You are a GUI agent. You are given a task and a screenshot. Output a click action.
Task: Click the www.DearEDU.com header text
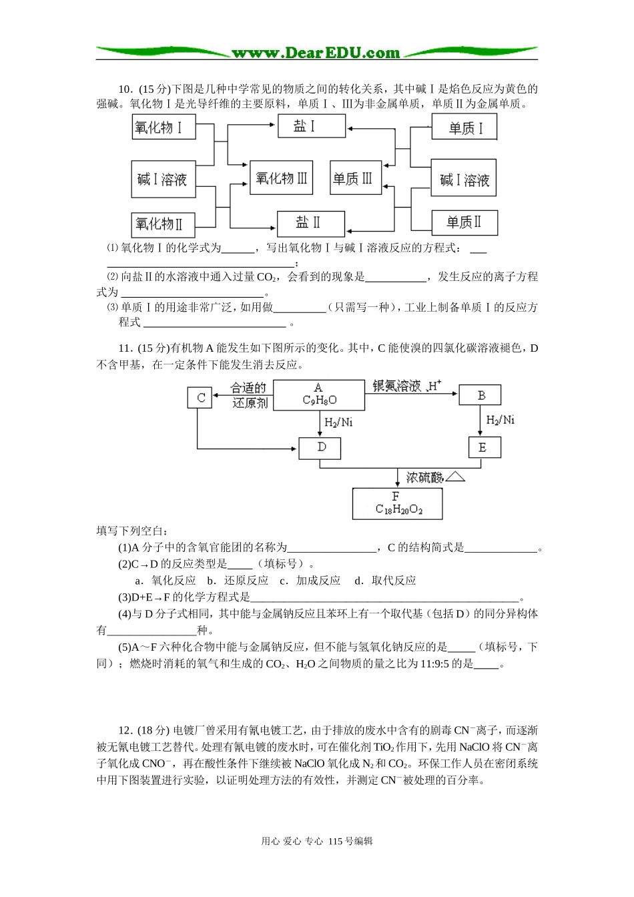(316, 53)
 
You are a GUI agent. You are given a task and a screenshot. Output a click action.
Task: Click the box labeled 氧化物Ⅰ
(163, 127)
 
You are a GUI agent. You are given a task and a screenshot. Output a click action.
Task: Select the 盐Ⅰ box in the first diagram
(310, 125)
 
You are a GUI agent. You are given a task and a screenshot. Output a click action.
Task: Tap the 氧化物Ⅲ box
(281, 178)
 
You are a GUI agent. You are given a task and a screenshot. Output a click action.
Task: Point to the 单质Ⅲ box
(355, 178)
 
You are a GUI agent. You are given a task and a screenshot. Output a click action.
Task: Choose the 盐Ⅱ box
(310, 223)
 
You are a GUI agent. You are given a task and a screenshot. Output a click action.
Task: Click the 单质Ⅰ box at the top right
(464, 127)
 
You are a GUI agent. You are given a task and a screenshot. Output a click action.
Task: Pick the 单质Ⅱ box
(463, 222)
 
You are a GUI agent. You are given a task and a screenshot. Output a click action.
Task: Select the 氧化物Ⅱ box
(163, 224)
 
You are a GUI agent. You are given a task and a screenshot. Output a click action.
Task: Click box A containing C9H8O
(319, 394)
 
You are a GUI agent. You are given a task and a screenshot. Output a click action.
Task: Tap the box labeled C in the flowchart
(200, 398)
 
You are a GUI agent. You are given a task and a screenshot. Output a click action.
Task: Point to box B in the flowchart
(481, 395)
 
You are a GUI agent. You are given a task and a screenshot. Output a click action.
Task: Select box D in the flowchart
(321, 447)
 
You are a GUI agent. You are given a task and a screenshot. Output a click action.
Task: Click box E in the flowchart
(482, 448)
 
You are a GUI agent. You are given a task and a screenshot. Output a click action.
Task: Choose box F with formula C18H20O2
(397, 503)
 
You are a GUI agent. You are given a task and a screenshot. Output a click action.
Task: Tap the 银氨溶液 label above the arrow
(397, 386)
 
